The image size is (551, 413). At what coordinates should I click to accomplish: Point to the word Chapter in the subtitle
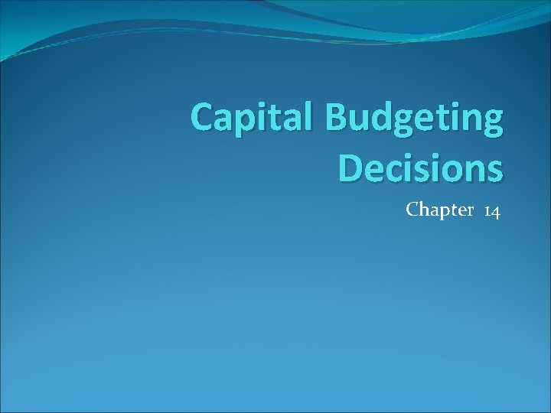[440, 210]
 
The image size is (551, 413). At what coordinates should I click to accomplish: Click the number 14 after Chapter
[492, 210]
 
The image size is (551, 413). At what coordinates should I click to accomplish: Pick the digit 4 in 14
[496, 210]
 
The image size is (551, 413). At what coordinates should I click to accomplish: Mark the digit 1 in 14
[487, 210]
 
